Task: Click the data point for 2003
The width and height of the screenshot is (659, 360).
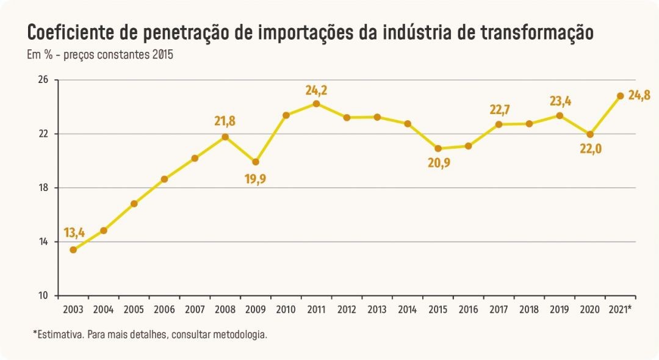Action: [x=73, y=250]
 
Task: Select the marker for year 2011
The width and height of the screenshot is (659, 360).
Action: [x=317, y=104]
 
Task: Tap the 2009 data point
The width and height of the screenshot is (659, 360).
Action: [x=256, y=162]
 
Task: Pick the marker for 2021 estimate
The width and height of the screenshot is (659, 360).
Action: [x=621, y=96]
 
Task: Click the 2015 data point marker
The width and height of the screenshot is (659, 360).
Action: [x=438, y=148]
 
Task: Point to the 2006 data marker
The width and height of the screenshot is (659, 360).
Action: [x=164, y=179]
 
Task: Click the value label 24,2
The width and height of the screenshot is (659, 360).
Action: [x=317, y=90]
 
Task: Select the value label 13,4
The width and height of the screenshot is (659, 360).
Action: [x=74, y=232]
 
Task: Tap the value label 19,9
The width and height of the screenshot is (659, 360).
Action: [x=256, y=179]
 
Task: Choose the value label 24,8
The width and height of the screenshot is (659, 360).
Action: [x=639, y=95]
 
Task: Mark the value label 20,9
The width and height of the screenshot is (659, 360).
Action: [x=439, y=162]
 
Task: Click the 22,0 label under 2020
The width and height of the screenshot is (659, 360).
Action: [x=591, y=148]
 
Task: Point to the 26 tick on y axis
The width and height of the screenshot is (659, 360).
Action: [x=44, y=80]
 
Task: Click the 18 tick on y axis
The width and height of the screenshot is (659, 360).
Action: [x=44, y=188]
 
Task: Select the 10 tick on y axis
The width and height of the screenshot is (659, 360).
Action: [x=44, y=296]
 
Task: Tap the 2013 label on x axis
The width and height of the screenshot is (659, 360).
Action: [x=377, y=309]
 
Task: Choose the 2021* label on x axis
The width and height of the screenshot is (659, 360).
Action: [x=621, y=309]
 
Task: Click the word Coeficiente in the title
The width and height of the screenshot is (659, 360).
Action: [x=72, y=32]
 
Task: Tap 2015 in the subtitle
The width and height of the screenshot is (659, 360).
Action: [x=163, y=54]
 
